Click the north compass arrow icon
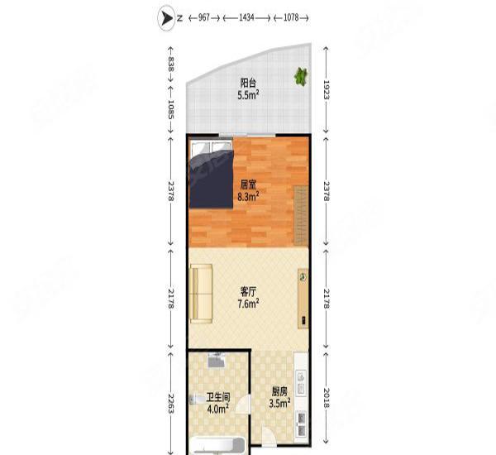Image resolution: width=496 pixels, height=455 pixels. [165, 17]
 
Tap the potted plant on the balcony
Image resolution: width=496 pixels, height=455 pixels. [300, 77]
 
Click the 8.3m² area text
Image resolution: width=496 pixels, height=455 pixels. [248, 198]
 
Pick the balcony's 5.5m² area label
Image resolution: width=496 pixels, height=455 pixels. [248, 95]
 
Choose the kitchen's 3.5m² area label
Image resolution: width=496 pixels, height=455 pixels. [279, 405]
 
